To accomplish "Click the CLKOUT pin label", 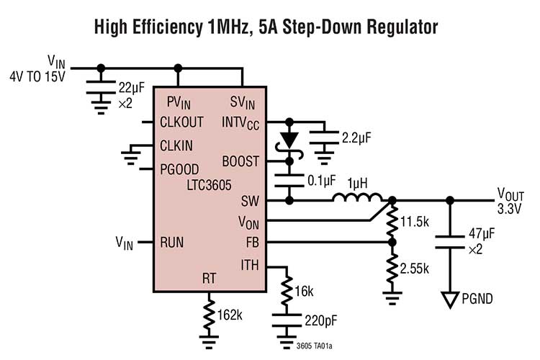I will coord(181,122).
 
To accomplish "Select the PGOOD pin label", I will coord(180,169).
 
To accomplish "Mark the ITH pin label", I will coord(249,266).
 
